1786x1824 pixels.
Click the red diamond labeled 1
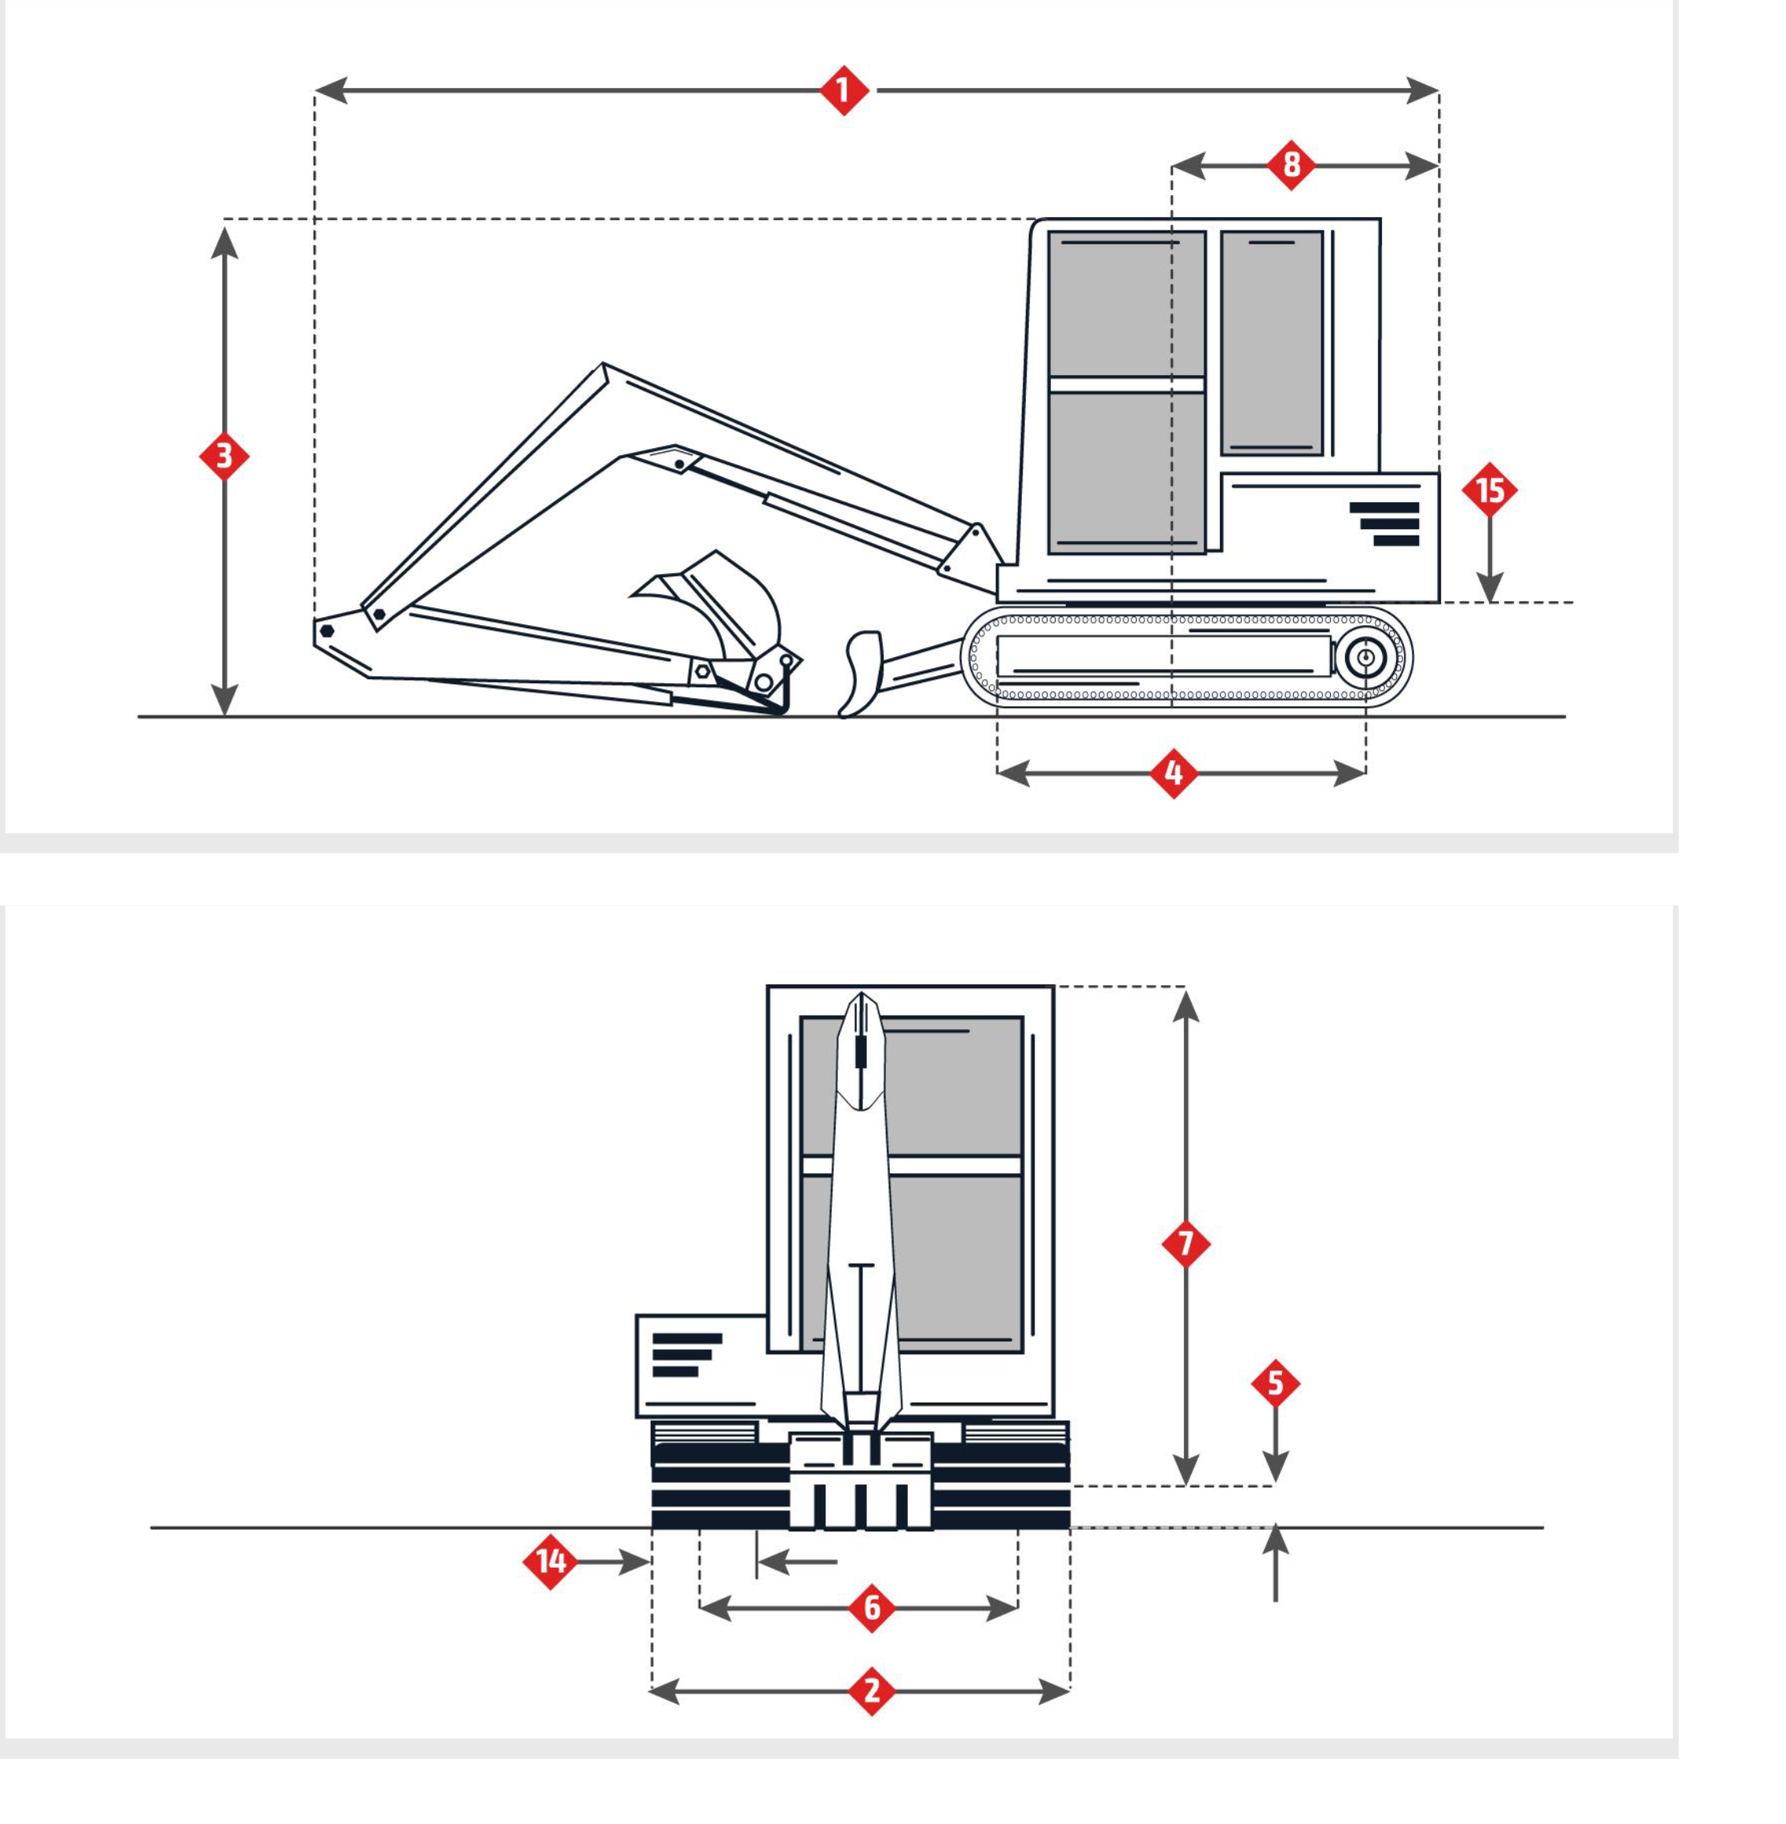click(x=843, y=91)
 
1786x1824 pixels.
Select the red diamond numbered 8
click(x=1291, y=165)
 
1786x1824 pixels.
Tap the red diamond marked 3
click(x=224, y=456)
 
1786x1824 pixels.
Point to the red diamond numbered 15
click(x=1490, y=490)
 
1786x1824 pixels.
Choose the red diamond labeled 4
click(x=1174, y=774)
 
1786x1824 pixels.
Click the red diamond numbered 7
click(x=1185, y=1244)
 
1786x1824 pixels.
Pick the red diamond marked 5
click(x=1275, y=1383)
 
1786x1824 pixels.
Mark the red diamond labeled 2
click(x=872, y=1692)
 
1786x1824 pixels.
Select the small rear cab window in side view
click(x=1271, y=344)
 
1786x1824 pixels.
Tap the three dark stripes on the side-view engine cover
click(x=1384, y=524)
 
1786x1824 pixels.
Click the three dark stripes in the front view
click(x=686, y=1355)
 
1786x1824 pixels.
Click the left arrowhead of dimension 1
click(x=331, y=91)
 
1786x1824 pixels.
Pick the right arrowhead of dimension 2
click(x=1054, y=1692)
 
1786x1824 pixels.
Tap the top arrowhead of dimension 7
click(x=1185, y=1005)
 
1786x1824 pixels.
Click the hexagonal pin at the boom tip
click(x=326, y=631)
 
